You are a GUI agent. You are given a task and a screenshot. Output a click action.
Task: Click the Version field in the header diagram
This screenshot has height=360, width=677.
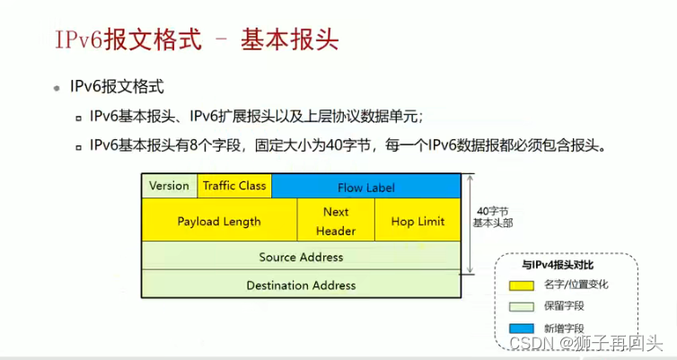[x=169, y=186]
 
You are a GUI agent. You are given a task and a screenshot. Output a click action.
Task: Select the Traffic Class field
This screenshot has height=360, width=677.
[x=233, y=186]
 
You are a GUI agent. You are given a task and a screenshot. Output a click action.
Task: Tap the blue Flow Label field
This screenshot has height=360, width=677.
[x=365, y=187]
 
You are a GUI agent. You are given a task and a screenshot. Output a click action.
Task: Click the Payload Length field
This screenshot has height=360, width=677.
[x=219, y=221]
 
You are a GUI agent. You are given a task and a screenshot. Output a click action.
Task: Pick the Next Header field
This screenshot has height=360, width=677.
[x=335, y=221]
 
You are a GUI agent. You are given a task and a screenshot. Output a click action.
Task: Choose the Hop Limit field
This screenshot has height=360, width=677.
[x=418, y=221]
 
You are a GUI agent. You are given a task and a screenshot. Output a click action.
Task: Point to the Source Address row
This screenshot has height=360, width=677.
[x=301, y=257]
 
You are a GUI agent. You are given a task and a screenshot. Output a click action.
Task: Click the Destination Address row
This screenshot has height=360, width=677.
[x=301, y=285]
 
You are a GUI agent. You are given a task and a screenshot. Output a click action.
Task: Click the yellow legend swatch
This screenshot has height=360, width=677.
[x=522, y=285]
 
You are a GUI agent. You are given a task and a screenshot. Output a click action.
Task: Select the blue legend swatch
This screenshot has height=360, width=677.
[x=522, y=327]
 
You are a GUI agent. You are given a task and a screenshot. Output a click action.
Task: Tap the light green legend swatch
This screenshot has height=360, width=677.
[x=522, y=306]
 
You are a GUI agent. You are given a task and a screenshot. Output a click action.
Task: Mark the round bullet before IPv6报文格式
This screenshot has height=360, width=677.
[x=57, y=89]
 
